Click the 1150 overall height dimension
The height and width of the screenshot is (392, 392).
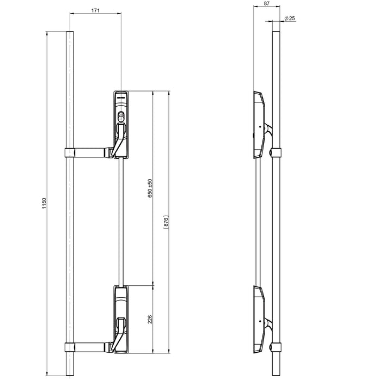44,204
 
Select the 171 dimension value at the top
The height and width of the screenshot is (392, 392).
95,10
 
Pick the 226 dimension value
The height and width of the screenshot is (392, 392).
150,319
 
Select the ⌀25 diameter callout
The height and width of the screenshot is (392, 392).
289,18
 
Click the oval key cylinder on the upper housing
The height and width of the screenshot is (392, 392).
121,116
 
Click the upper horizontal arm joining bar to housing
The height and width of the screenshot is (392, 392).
90,152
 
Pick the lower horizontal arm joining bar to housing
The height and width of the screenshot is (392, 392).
90,347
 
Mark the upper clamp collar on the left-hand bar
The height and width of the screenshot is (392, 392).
69,152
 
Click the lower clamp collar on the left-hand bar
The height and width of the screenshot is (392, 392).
69,347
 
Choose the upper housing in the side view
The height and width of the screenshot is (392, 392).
259,125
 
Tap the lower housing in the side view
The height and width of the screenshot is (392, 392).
259,321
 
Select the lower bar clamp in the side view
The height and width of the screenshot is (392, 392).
276,347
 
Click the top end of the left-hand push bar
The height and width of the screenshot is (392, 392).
69,34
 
